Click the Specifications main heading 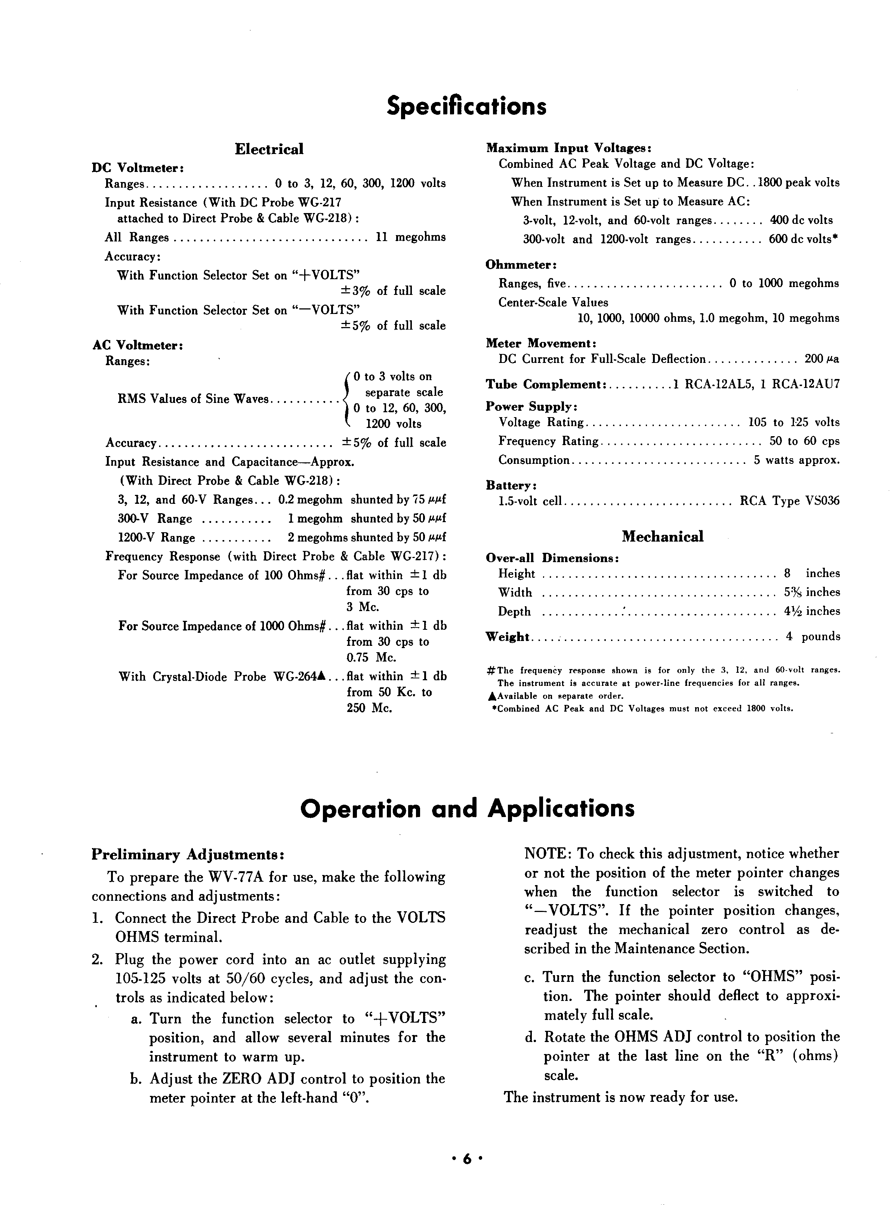[x=466, y=106]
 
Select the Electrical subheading [x=269, y=150]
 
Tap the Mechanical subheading [x=662, y=536]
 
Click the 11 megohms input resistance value [x=411, y=237]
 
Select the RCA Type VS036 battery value [x=790, y=501]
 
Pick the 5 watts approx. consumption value [x=796, y=460]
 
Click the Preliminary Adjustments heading [x=187, y=854]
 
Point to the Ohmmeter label [x=521, y=265]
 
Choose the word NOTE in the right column [x=546, y=854]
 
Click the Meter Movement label [x=540, y=343]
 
